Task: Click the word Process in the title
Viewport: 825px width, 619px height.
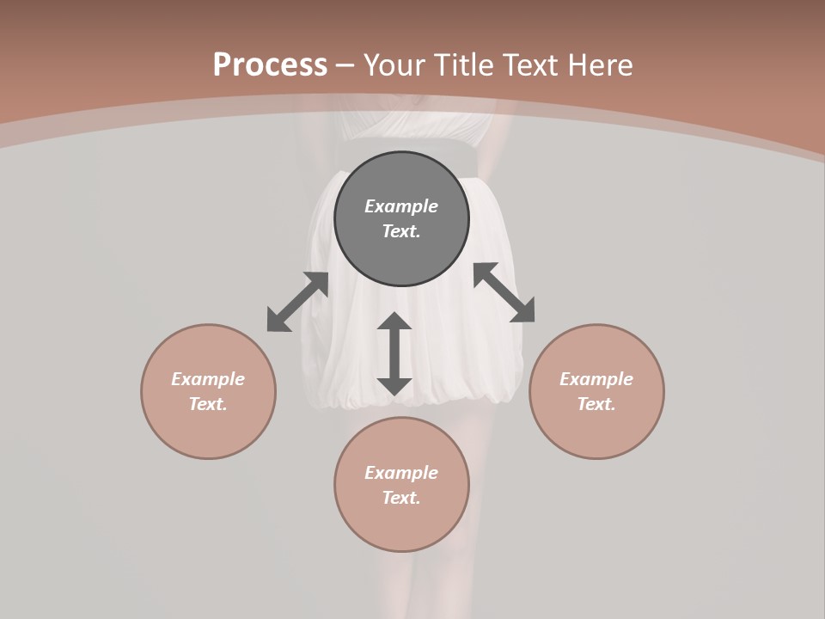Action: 270,65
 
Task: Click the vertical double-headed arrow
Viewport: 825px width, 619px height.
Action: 394,353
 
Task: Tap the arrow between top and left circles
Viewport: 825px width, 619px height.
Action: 297,302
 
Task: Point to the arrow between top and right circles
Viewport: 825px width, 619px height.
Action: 504,292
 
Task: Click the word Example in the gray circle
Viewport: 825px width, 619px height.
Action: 401,206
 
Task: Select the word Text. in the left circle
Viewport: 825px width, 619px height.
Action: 208,404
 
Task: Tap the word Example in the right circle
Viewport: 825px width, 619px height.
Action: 596,379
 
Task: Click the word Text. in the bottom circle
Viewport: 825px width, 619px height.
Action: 401,498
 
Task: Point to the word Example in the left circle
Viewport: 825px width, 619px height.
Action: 208,379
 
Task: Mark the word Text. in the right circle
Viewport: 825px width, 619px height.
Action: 596,404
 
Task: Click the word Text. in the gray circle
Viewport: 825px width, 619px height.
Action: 401,231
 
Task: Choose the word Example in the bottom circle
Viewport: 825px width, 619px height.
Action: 401,473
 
